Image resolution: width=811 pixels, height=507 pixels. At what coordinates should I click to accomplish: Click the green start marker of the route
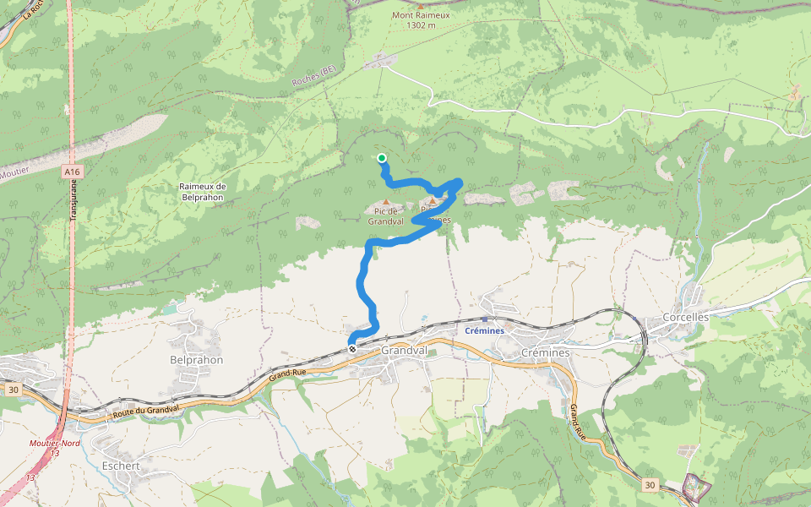coord(382,158)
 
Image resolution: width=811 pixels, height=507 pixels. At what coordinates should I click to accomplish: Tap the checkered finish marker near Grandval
coord(352,348)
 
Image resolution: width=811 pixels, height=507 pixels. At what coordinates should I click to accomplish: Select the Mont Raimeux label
coord(420,15)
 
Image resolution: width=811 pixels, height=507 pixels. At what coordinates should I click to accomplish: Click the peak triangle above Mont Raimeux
coord(421,5)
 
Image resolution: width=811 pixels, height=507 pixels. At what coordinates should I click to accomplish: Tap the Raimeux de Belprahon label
coord(203,191)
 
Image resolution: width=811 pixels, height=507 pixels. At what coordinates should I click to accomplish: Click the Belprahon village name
coord(196,359)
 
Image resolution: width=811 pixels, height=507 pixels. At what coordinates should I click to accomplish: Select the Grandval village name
coord(405,350)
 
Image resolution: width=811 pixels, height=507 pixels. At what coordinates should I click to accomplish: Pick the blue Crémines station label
coord(485,330)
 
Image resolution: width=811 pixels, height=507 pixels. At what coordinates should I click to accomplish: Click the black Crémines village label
coord(546,352)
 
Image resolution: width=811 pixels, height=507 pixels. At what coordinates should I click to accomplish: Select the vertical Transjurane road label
coord(73,200)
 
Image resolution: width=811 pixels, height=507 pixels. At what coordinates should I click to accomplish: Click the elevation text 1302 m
coord(421,25)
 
